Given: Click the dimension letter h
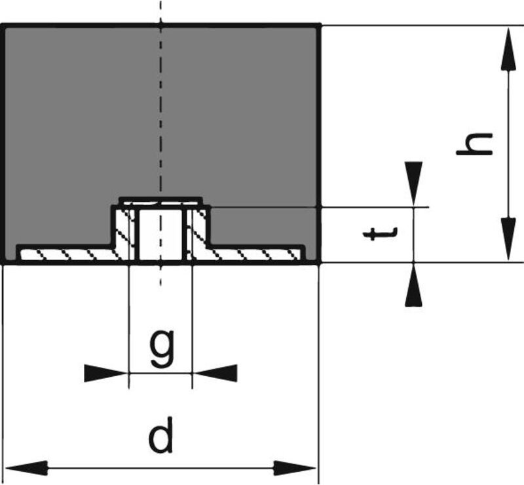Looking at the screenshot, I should (x=474, y=144).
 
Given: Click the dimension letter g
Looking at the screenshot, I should (x=161, y=349).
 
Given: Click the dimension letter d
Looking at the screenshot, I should (x=161, y=437).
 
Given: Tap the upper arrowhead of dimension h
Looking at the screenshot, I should (x=506, y=48).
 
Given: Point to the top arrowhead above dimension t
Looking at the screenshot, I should (x=413, y=183).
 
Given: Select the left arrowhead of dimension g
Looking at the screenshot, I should (x=105, y=374).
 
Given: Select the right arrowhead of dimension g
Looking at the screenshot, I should (x=216, y=374).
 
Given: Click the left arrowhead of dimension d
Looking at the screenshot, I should (x=26, y=468).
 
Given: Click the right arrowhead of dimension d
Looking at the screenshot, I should (x=295, y=468).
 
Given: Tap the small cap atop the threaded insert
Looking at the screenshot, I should (x=161, y=201).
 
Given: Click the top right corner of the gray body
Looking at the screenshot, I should (x=318, y=26).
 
